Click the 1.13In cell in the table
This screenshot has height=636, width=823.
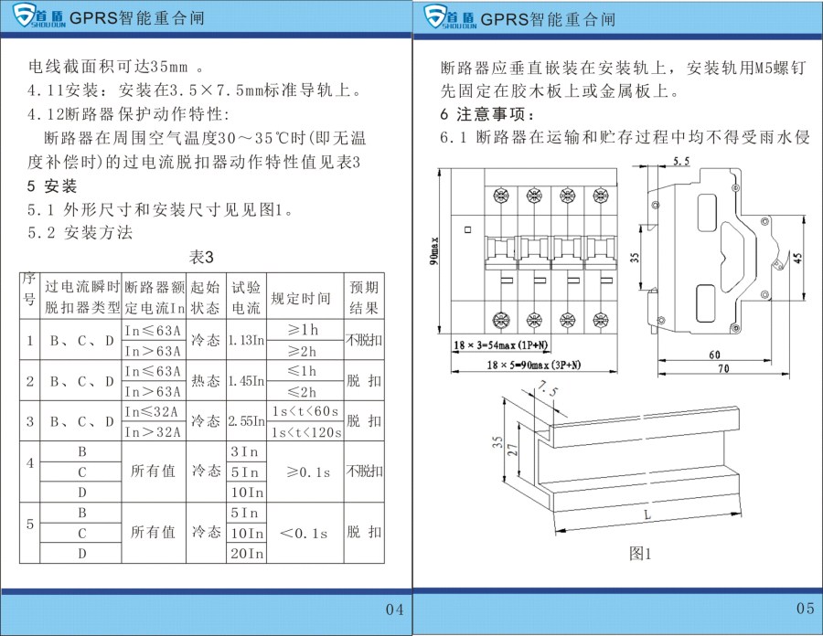tap(247, 340)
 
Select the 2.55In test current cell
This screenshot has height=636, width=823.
tap(247, 421)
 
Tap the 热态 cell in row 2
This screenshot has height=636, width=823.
tap(206, 380)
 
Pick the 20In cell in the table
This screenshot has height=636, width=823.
tap(247, 553)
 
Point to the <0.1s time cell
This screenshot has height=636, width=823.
tap(305, 533)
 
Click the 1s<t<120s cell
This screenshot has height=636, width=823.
tap(305, 431)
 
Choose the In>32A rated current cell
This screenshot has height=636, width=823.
tap(153, 431)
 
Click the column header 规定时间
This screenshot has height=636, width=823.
tap(305, 298)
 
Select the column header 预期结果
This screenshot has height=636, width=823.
tap(364, 298)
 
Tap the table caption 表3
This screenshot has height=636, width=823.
tap(201, 259)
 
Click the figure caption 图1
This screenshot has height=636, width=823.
tap(640, 553)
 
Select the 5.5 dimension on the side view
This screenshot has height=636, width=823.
tap(680, 162)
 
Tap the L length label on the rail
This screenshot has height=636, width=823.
tap(647, 515)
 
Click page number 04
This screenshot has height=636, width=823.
tap(394, 609)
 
